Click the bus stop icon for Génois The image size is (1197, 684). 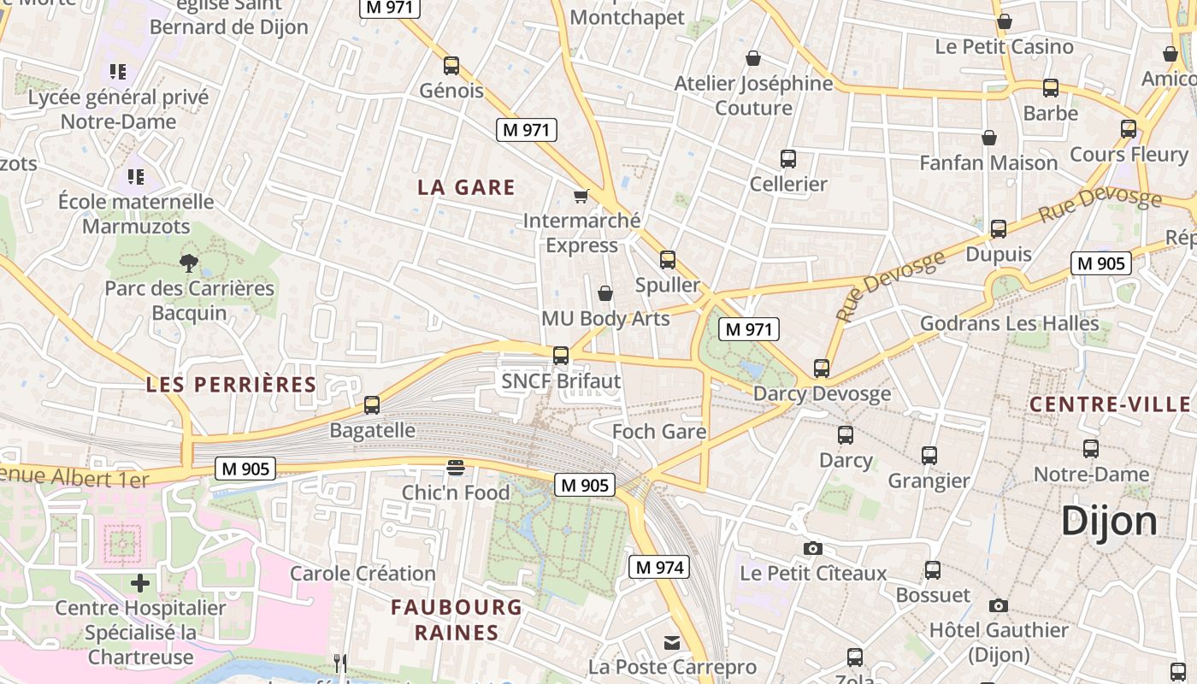click(451, 65)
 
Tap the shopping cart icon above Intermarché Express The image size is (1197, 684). click(581, 196)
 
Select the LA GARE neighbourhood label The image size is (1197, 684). click(466, 187)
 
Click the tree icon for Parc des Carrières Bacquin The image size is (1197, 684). click(189, 262)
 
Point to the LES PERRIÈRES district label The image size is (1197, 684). click(231, 385)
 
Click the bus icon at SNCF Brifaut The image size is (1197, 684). click(561, 355)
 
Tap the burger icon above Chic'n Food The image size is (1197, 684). click(456, 468)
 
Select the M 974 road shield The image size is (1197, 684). click(658, 567)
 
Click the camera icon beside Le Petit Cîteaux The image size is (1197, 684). click(812, 548)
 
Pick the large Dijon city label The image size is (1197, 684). click(1109, 521)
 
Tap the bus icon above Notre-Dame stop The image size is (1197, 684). click(1091, 448)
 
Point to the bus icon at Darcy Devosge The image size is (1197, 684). click(822, 369)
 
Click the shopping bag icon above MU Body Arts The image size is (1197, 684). click(605, 293)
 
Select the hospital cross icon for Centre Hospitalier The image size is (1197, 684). click(140, 583)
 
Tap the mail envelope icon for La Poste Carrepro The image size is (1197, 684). click(672, 642)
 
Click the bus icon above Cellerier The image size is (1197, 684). click(788, 158)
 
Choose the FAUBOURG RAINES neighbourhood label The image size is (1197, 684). click(457, 620)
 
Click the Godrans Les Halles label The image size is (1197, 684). click(1009, 323)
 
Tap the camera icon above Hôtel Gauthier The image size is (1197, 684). click(998, 605)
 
